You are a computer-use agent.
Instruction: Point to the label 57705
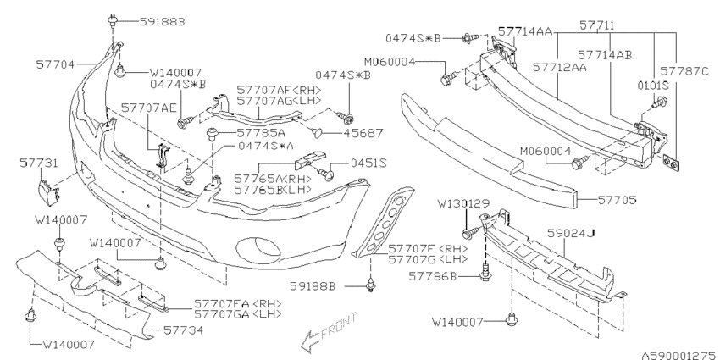coord(615,201)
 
